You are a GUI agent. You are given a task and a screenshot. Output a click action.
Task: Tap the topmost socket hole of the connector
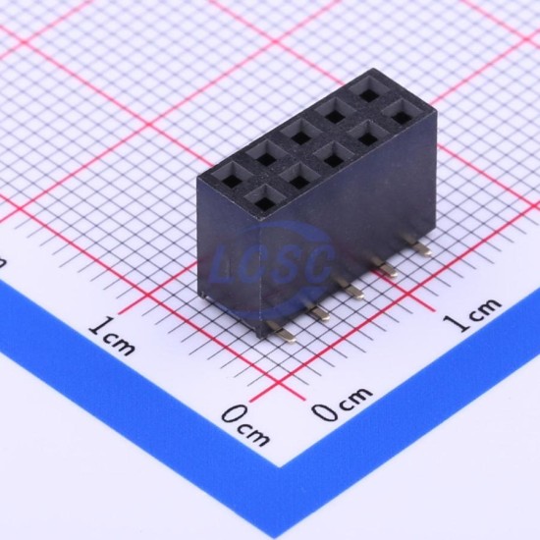369,92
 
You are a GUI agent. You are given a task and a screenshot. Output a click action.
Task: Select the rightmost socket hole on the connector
403,116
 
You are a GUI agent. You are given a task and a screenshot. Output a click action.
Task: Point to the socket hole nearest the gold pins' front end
266,203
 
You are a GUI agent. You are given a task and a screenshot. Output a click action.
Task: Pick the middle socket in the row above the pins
334,158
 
